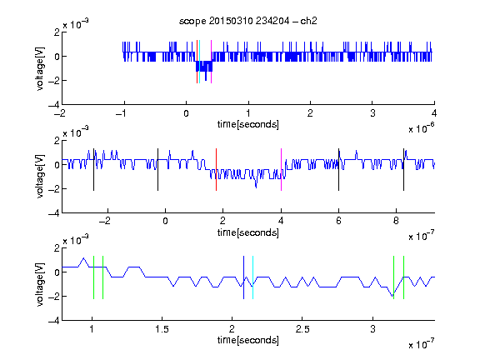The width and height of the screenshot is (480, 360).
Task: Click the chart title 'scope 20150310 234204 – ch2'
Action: coord(248,21)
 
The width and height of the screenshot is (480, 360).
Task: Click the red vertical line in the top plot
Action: coord(197,62)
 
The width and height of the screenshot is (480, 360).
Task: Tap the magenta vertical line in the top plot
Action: coord(211,62)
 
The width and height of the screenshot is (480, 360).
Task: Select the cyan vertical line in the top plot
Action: coord(200,62)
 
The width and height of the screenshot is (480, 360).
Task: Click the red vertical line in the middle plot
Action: coord(216,170)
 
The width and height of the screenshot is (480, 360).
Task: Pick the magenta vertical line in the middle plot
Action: coord(281,170)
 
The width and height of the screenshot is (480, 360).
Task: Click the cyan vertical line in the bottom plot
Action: coord(252,277)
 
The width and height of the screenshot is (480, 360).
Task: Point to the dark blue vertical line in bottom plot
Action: coord(243,277)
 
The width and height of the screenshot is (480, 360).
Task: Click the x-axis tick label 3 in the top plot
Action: coord(372,113)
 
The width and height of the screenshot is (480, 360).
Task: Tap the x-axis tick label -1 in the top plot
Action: coord(121,113)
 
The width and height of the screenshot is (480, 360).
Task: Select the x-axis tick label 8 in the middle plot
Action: coord(396,221)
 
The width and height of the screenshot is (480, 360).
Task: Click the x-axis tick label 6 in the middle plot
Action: coord(338,221)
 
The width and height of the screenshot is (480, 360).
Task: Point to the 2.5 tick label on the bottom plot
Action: coord(302,329)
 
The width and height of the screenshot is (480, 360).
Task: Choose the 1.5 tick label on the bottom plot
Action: coord(162,329)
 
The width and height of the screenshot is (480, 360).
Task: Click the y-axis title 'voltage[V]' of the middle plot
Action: coord(40,177)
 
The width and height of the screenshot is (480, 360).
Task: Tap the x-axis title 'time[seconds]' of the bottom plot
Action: coord(248,340)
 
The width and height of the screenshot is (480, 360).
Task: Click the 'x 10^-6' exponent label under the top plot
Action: coord(422,127)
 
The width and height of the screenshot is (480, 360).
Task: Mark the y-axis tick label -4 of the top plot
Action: coord(54,105)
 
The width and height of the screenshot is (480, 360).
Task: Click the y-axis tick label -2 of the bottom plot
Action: coord(54,297)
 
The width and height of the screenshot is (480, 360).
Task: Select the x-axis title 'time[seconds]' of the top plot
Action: coord(248,124)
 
